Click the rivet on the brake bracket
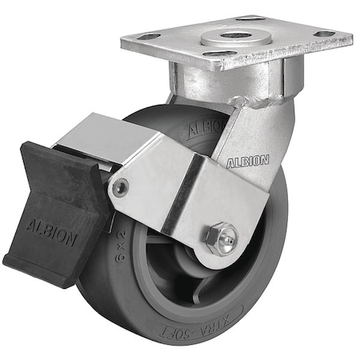point(120,188)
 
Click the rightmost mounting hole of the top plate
point(324,34)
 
